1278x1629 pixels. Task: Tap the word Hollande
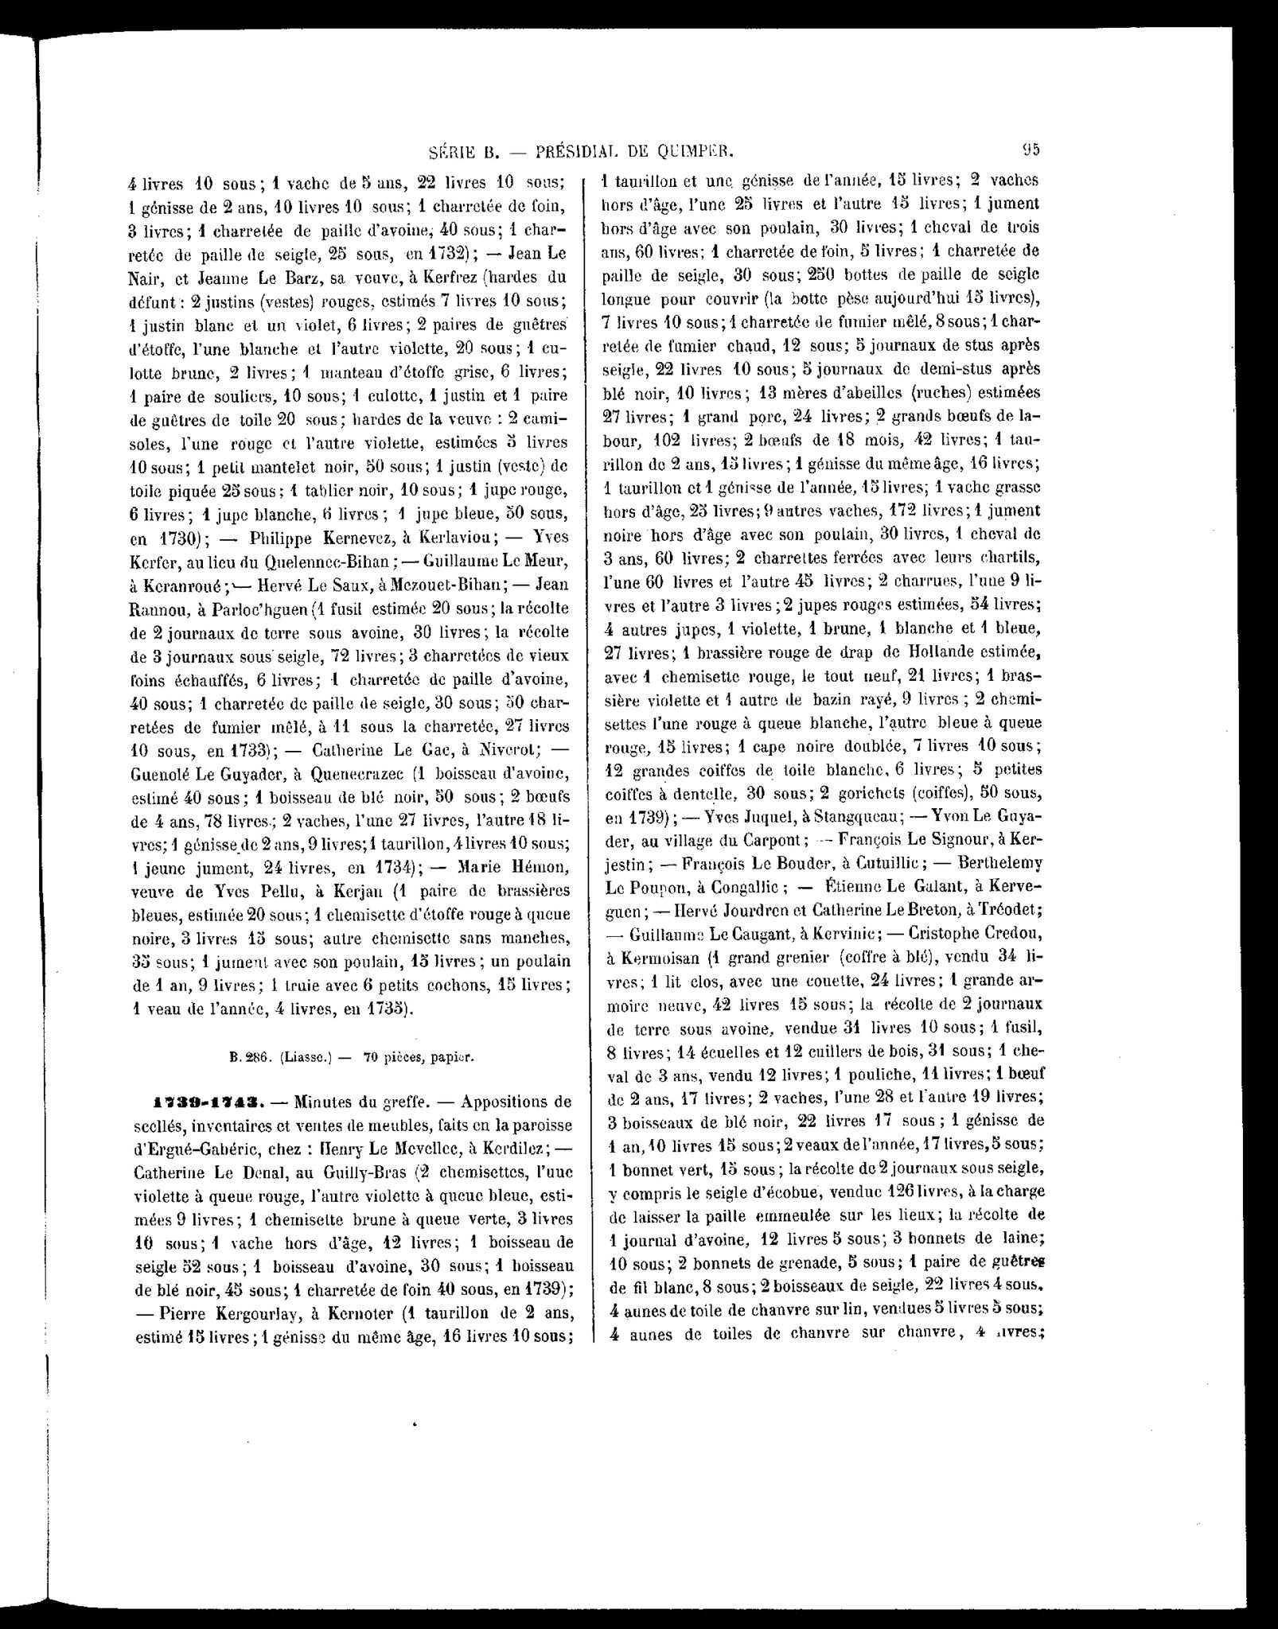[921, 651]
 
